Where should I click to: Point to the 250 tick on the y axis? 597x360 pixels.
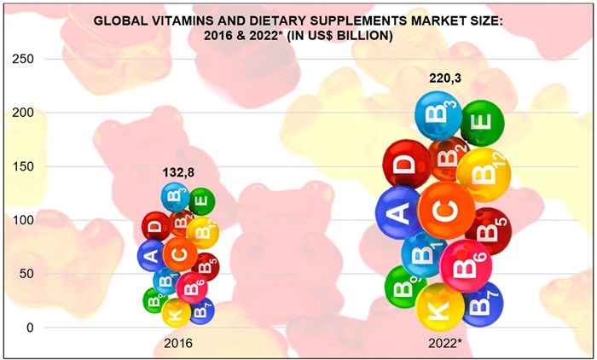coord(26,59)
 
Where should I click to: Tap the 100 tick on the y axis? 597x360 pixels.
coord(26,220)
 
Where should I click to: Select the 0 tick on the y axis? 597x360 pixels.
coord(31,328)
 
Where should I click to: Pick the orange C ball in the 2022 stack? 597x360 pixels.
coord(446,210)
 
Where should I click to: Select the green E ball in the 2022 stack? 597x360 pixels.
coord(482,123)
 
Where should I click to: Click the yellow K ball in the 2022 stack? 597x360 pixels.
coord(440,308)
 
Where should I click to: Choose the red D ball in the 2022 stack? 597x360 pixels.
coord(406,164)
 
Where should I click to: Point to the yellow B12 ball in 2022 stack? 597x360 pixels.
coord(484,174)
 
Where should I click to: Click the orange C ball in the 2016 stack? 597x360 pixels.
coord(180,253)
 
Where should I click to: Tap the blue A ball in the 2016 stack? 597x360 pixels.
coord(152,254)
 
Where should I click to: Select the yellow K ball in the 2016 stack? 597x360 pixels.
coord(177,313)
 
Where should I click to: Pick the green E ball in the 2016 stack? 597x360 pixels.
coord(201,202)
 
